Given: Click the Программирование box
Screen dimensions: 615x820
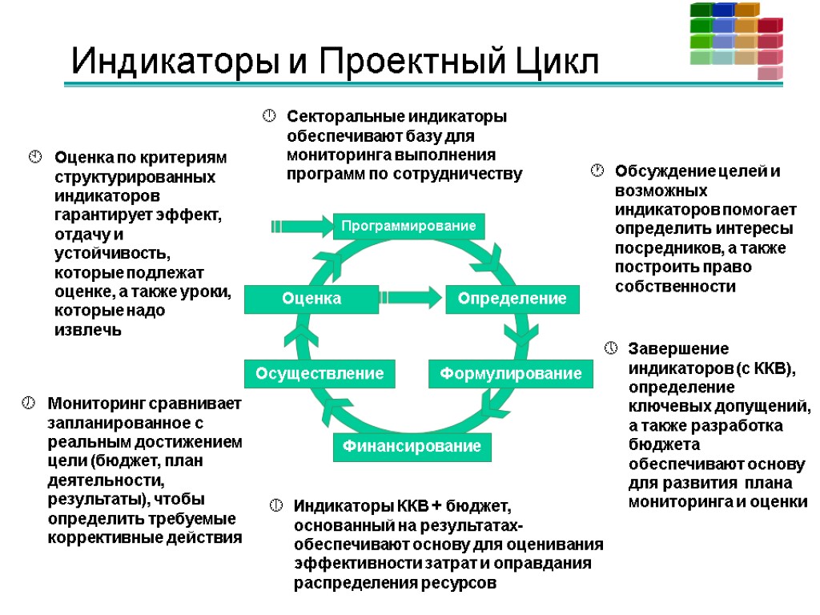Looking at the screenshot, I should [408, 227].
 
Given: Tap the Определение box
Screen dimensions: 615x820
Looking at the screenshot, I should [512, 299].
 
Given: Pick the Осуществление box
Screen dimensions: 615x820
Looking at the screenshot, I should [320, 373].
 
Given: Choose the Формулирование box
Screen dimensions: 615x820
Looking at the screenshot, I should [511, 374].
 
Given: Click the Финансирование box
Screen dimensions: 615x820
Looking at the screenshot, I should [412, 446].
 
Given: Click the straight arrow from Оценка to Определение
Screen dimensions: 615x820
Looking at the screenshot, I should [411, 298].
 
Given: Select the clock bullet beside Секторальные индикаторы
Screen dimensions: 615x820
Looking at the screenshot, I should [270, 117].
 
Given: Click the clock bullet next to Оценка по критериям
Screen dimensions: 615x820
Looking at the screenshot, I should [35, 155].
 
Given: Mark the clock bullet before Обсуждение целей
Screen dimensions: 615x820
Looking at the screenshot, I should [597, 170].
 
